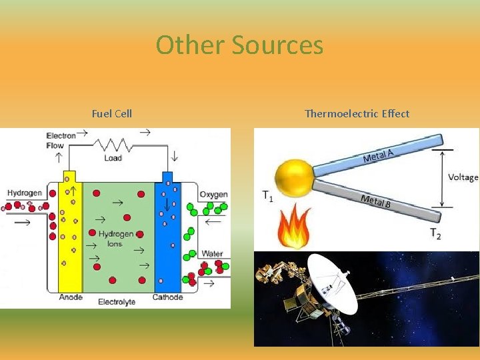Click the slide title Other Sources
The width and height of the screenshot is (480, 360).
(x=239, y=45)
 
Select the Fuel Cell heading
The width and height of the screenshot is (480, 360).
(x=112, y=113)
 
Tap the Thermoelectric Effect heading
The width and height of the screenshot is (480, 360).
(x=357, y=113)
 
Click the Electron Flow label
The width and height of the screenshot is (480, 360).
(x=61, y=140)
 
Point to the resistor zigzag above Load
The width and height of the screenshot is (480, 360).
(x=113, y=145)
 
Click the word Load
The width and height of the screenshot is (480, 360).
(x=113, y=158)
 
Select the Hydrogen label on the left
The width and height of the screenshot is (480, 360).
(x=25, y=193)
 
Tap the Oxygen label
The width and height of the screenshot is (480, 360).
(x=213, y=195)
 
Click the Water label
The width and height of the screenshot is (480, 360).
(x=212, y=253)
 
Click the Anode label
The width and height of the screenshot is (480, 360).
(x=71, y=297)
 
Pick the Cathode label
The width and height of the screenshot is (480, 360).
(x=167, y=297)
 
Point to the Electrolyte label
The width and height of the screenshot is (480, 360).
(x=117, y=302)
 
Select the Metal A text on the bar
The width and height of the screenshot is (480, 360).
(x=377, y=155)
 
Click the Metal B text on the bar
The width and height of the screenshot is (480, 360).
(x=375, y=201)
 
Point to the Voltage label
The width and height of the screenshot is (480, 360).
(x=463, y=177)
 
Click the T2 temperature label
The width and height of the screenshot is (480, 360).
(x=435, y=233)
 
